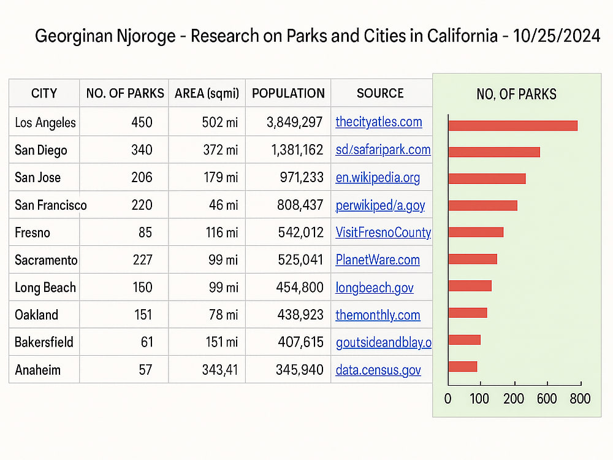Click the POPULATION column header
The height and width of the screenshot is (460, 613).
(x=288, y=93)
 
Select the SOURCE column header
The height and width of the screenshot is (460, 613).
(x=380, y=93)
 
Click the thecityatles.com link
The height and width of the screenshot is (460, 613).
(x=379, y=121)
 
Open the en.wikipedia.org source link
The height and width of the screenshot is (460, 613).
(x=378, y=178)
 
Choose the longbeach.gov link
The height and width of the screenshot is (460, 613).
(x=375, y=288)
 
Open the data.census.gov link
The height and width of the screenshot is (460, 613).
(x=378, y=370)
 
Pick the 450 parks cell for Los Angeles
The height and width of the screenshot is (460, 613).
(x=142, y=122)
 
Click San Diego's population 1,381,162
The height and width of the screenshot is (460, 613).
(x=297, y=150)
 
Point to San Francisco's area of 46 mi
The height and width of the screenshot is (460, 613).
(x=223, y=205)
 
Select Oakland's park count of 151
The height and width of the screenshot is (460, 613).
(x=143, y=315)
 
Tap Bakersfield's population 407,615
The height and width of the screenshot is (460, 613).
(x=300, y=342)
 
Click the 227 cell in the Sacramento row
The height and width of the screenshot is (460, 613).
(x=142, y=259)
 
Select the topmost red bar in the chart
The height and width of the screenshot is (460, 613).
(x=513, y=126)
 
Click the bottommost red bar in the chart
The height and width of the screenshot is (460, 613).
(x=463, y=367)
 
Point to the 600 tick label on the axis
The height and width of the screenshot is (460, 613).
(x=547, y=399)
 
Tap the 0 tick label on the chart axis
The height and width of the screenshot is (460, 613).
(x=448, y=399)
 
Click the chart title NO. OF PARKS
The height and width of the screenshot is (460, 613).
(x=516, y=94)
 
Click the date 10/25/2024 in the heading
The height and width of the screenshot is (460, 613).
(x=557, y=36)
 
